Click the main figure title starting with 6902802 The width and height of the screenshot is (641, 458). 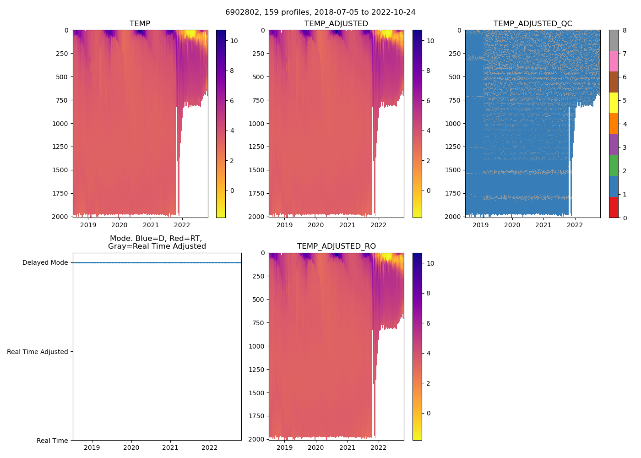[320, 12]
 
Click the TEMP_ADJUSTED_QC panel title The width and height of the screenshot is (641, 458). [532, 24]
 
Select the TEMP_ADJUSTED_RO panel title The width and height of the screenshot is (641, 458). [336, 246]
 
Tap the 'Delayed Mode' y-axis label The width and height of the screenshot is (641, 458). [45, 263]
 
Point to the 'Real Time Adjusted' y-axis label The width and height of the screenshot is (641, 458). [37, 352]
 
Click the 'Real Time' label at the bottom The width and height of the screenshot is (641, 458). [52, 441]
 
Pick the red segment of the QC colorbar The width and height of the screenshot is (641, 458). [614, 207]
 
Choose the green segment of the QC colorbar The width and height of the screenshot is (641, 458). [614, 165]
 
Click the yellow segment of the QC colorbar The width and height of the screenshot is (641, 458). [614, 103]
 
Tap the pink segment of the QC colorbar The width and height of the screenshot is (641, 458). [614, 61]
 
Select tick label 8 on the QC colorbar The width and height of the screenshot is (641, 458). [625, 30]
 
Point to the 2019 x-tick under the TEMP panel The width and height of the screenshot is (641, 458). [88, 225]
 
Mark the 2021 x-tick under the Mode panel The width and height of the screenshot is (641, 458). [170, 447]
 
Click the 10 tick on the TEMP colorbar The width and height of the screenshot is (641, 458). [234, 41]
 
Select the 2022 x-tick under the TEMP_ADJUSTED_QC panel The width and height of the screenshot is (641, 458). [575, 225]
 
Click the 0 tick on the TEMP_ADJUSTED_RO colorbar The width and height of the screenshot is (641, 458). [428, 413]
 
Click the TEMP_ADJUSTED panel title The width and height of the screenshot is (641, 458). [336, 24]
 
